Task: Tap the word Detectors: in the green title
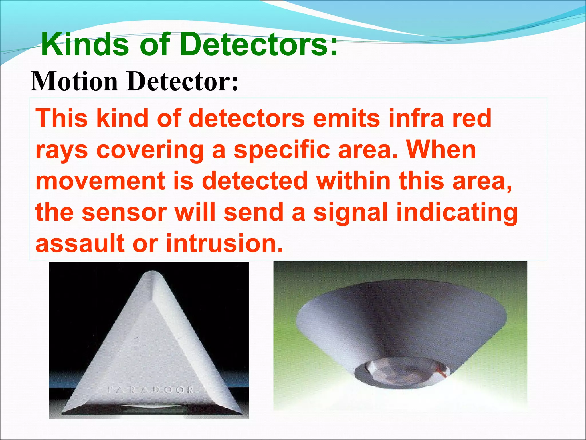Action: [259, 44]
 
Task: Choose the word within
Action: [354, 181]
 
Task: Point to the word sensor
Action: [124, 212]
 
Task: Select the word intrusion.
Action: [225, 243]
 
